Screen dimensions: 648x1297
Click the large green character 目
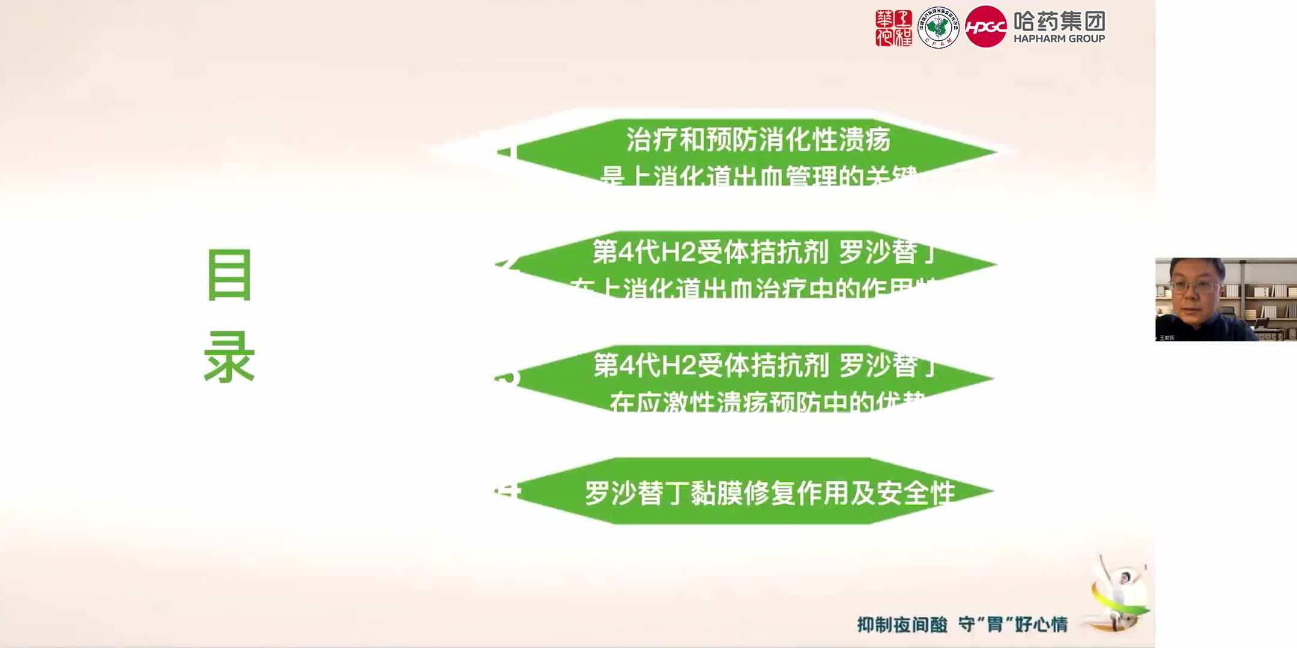tap(229, 275)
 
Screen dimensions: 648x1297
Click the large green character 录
tap(229, 358)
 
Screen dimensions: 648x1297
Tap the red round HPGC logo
tap(985, 27)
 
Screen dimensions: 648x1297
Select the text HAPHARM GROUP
tap(1059, 39)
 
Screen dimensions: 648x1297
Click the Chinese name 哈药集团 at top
tap(1059, 21)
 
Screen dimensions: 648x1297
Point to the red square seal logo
tap(893, 28)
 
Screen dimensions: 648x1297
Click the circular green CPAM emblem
tap(939, 28)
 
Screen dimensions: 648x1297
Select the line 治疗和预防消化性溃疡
tap(758, 140)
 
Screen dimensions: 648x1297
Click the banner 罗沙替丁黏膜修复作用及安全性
tap(770, 493)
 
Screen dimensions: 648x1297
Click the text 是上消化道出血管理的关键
tap(758, 176)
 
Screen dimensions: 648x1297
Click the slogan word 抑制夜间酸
tap(902, 625)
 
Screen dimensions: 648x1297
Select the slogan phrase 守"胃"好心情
tap(1012, 625)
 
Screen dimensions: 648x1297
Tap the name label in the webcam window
tap(1166, 338)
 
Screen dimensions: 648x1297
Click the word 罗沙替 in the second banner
tap(878, 253)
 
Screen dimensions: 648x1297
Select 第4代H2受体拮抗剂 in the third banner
tap(711, 365)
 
